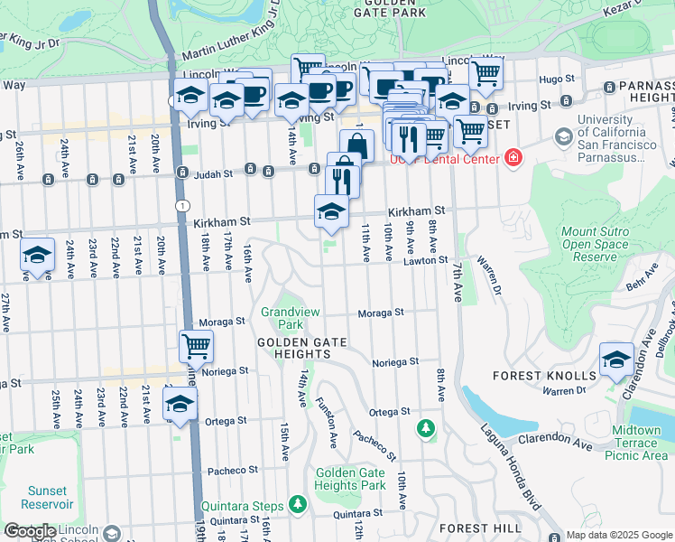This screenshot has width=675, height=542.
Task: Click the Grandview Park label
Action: [282, 317]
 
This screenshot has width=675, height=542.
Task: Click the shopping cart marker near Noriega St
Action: [196, 345]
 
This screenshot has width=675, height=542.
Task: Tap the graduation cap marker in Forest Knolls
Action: [616, 360]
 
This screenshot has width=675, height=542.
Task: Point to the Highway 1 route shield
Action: [184, 206]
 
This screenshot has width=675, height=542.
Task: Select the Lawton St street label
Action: [425, 260]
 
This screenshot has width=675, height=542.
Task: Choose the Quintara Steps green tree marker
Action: [297, 503]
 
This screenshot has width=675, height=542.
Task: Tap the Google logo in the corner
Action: [30, 532]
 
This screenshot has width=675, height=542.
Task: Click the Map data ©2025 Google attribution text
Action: [618, 535]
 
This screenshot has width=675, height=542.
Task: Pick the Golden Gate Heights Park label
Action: [350, 479]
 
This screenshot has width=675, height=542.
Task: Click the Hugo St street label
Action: [550, 79]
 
